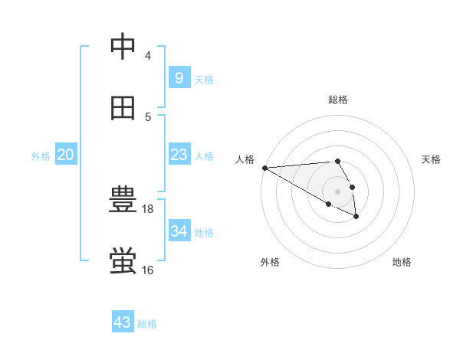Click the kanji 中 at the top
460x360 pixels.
(123, 47)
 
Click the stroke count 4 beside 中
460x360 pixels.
(147, 56)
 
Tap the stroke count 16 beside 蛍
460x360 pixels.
(148, 270)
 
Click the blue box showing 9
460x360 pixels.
(179, 78)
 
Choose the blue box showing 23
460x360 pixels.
(179, 155)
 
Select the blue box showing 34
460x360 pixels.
(179, 231)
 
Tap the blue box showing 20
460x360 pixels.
(65, 155)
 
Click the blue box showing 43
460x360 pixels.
(122, 322)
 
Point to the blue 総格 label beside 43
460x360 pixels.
(147, 324)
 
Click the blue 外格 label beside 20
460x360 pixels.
(41, 156)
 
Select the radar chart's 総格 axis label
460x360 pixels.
(338, 100)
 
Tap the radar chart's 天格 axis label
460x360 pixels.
(432, 159)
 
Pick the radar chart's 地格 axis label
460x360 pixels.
(402, 262)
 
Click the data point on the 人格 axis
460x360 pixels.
(264, 168)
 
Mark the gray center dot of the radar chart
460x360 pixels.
(337, 191)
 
